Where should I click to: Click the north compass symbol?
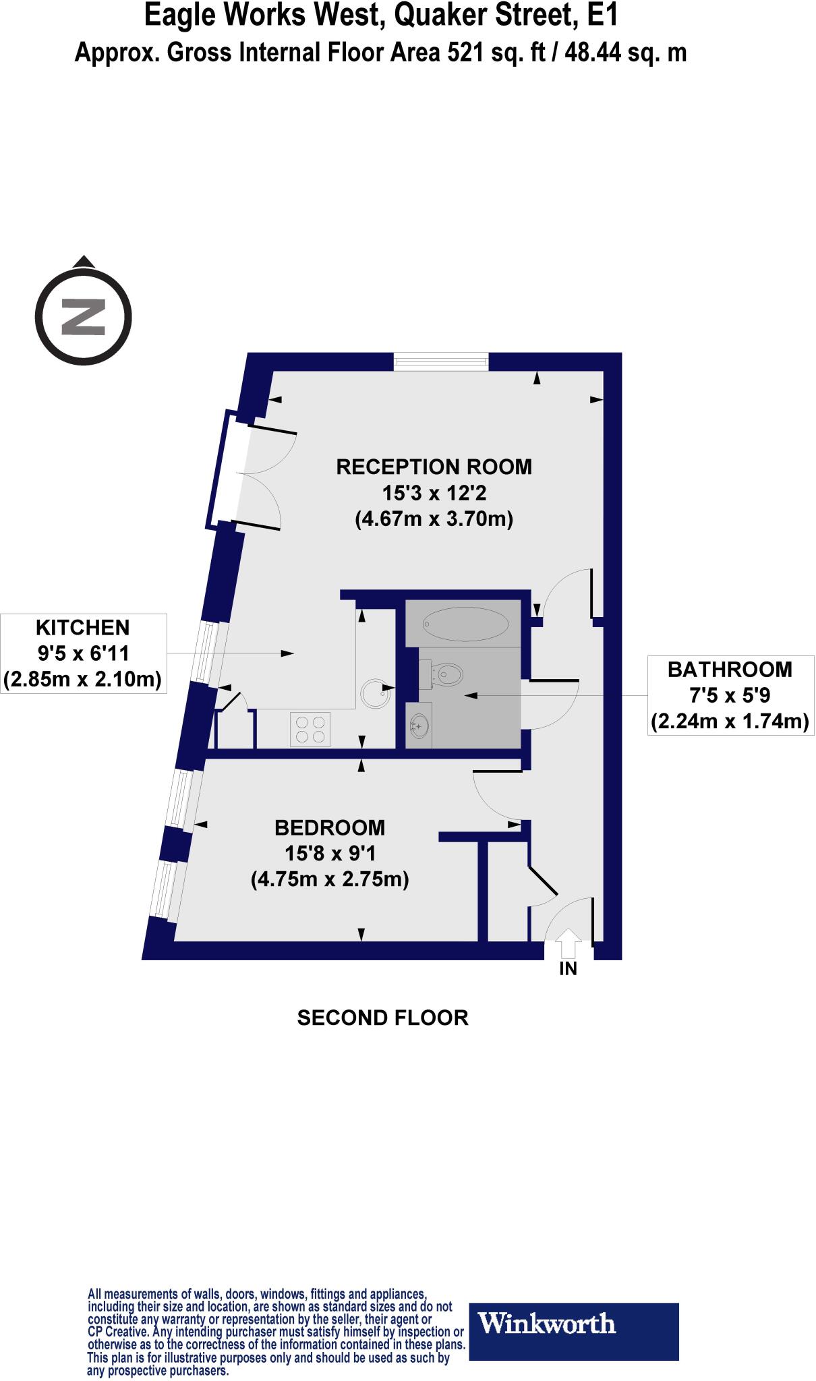click(82, 316)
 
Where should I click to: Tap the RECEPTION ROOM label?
click(434, 467)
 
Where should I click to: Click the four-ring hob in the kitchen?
click(310, 729)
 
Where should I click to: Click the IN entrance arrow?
click(569, 943)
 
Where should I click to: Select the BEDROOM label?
click(330, 827)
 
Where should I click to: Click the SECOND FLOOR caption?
click(382, 1018)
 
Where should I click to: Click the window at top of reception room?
click(440, 362)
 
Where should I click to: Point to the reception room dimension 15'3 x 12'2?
click(434, 493)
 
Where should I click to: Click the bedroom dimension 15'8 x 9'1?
click(330, 854)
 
